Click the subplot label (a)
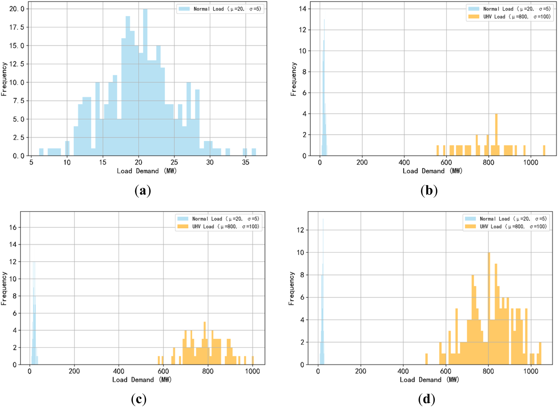143,191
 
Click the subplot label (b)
429,191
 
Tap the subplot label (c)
139,399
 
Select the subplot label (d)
427,399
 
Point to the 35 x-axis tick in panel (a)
245,162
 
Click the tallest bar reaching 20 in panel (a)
145,82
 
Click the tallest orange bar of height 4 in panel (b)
496,135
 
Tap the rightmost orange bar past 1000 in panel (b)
544,151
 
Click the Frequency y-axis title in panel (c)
4,288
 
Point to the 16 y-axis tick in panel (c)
13,227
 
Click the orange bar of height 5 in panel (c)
205,343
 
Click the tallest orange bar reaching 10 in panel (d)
489,308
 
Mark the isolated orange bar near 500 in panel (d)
426,359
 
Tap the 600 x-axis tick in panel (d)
446,371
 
